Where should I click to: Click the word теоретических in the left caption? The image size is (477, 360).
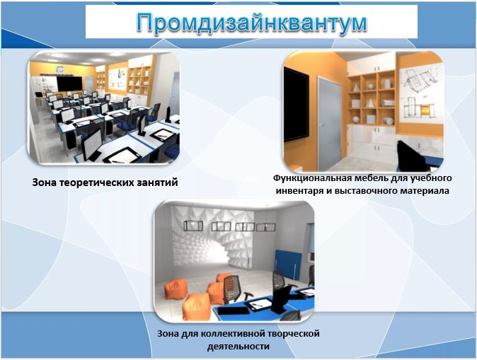pos(98,182)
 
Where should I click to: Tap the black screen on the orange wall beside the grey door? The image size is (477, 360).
pos(296,106)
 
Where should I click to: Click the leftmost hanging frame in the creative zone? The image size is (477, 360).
pos(194,226)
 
